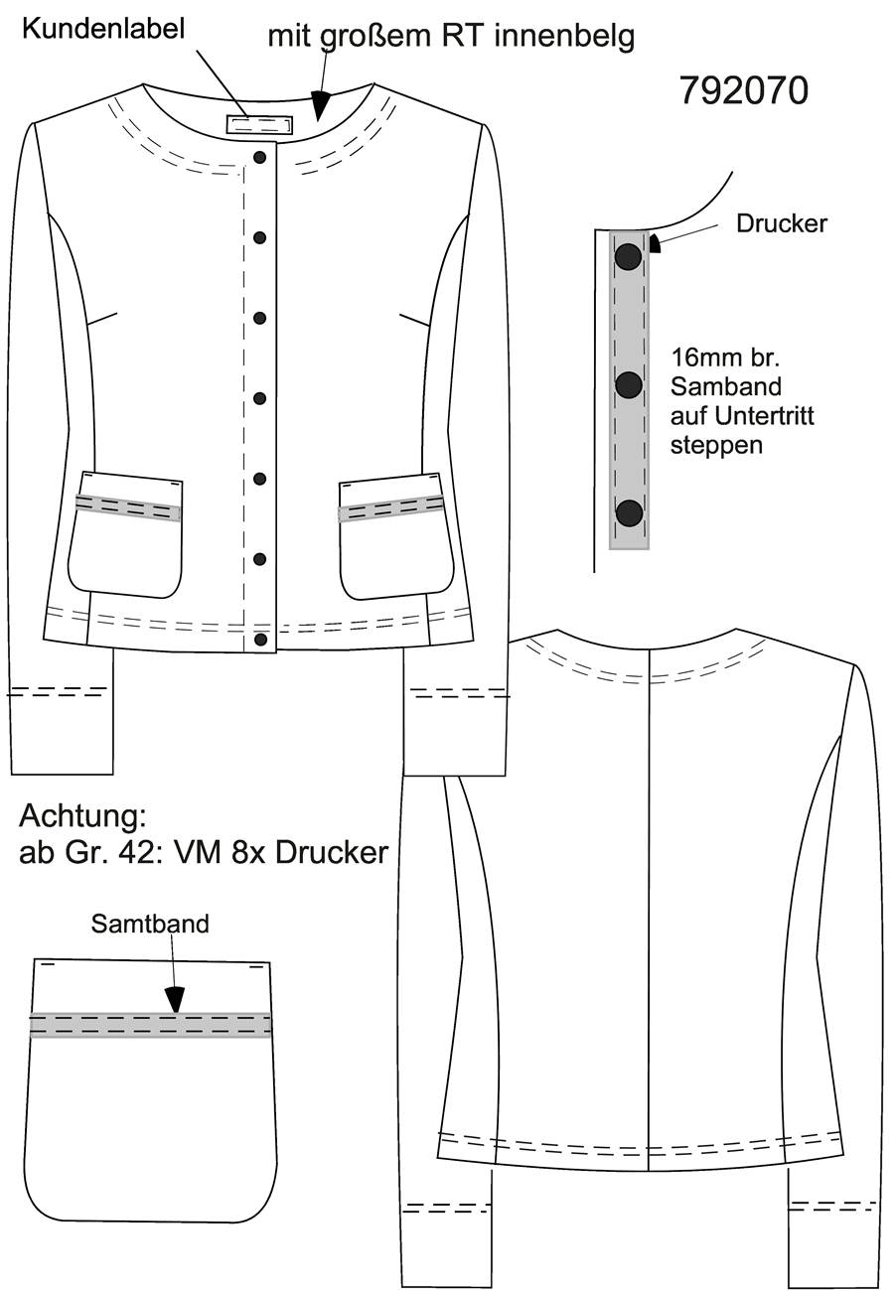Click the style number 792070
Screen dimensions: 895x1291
[744, 91]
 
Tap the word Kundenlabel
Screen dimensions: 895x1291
[103, 30]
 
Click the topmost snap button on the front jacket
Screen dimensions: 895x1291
[260, 157]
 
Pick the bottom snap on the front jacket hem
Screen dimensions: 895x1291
[260, 640]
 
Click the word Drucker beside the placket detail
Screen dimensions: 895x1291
[782, 223]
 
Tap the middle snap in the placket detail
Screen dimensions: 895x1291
[628, 384]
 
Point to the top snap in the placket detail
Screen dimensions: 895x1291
[628, 256]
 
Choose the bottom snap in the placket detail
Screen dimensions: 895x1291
[629, 512]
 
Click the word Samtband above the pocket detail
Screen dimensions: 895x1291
[150, 924]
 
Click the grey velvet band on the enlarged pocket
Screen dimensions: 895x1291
[151, 1025]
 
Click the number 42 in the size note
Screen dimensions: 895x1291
[142, 852]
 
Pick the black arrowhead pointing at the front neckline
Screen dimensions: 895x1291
[321, 104]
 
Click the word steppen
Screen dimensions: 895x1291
[716, 446]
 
